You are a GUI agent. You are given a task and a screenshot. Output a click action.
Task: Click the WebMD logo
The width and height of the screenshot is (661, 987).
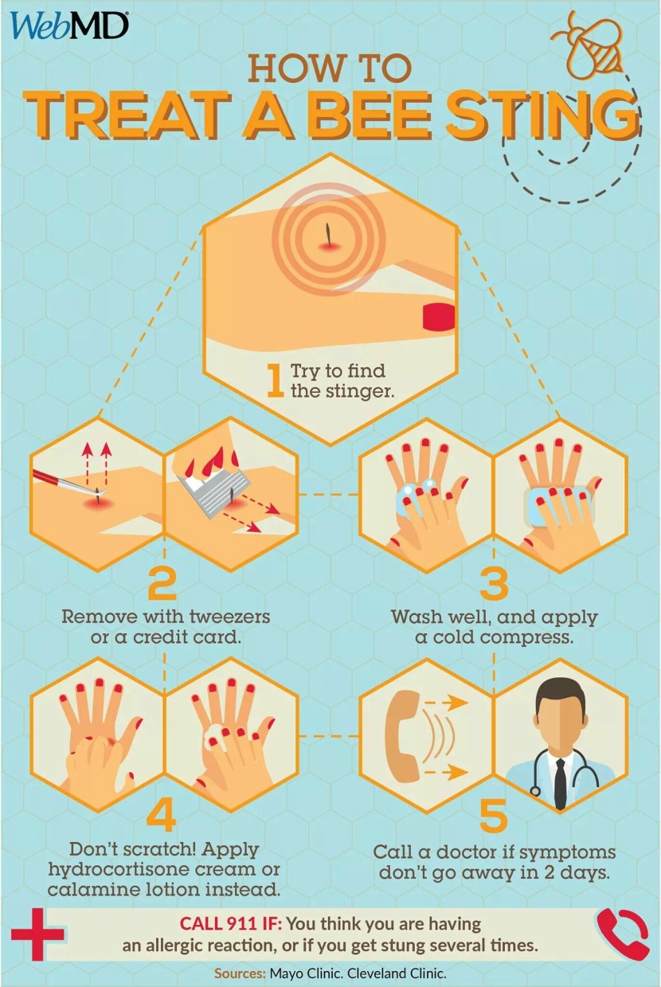(69, 26)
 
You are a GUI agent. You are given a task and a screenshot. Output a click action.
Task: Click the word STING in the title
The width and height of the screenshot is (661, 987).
(542, 115)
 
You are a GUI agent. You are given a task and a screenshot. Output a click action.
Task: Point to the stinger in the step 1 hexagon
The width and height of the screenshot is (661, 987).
(327, 234)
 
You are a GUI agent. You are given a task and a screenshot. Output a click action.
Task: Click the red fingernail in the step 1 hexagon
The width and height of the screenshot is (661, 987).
(438, 317)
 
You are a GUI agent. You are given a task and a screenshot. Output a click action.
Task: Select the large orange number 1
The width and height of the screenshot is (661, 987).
(276, 381)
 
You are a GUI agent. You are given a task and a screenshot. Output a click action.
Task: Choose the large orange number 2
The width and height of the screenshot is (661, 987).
(162, 583)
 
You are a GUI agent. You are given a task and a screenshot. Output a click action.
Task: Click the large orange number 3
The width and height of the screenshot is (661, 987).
(494, 583)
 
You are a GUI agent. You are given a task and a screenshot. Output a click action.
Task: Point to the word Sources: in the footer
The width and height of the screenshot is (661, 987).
(240, 973)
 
